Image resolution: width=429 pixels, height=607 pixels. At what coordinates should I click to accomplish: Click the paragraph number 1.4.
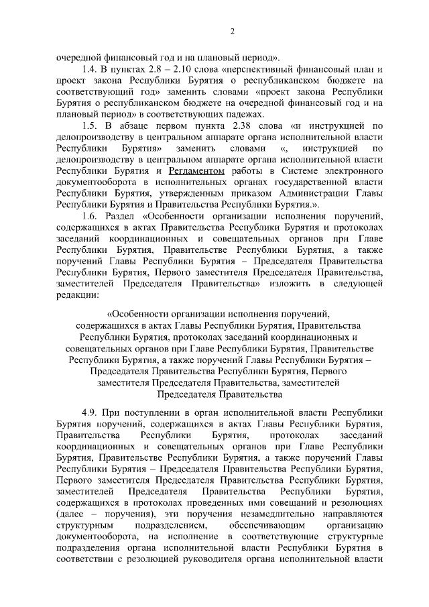coord(88,69)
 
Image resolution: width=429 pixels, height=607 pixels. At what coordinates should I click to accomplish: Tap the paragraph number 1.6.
coord(88,216)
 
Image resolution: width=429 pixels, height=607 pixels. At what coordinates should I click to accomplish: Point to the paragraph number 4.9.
coord(88,408)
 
